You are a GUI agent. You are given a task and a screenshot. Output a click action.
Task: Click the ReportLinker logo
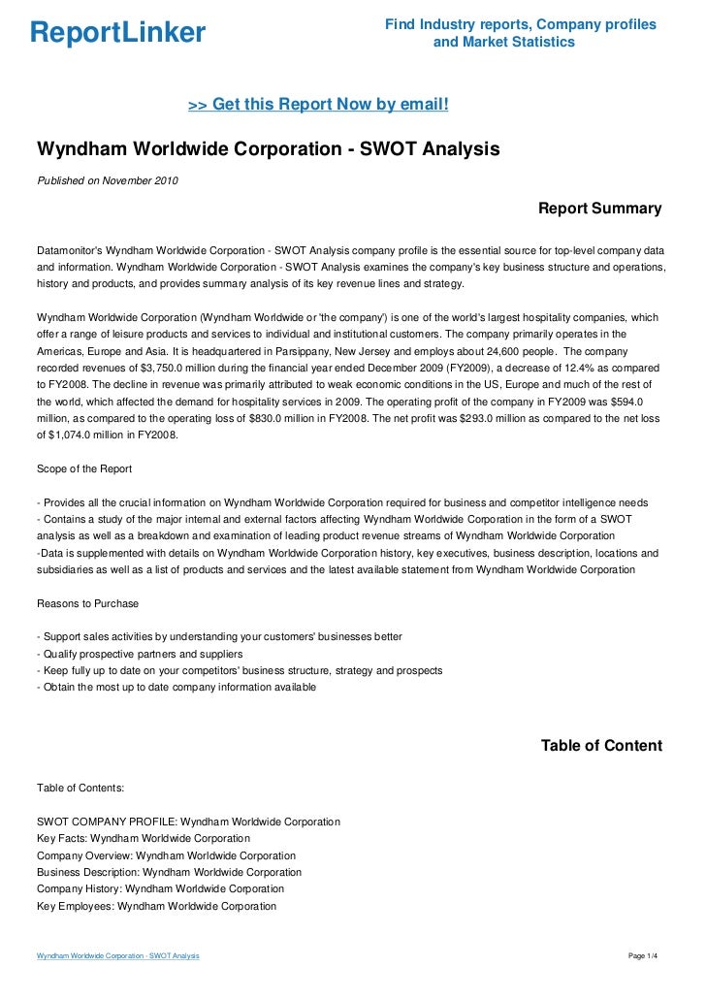point(117,34)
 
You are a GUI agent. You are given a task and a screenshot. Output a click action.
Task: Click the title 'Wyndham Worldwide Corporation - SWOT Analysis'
point(268,150)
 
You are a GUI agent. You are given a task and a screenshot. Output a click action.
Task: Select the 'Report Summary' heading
point(599,209)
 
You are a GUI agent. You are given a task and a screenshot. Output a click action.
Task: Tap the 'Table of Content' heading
point(601,746)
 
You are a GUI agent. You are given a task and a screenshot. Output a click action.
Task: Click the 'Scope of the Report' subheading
point(83,468)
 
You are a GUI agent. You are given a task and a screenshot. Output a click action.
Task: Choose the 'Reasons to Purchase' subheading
point(87,603)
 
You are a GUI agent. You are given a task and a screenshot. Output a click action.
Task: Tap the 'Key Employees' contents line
point(156,906)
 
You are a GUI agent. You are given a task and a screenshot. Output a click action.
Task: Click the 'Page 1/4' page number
point(643,956)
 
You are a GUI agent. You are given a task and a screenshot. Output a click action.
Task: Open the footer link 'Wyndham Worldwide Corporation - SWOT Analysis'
point(117,956)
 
